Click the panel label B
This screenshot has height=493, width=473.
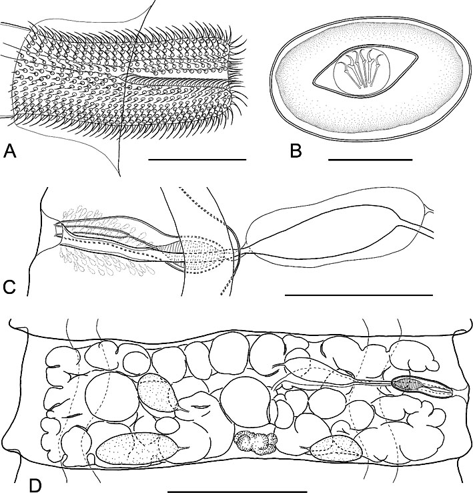pyautogui.click(x=296, y=150)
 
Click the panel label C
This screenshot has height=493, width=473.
pyautogui.click(x=9, y=288)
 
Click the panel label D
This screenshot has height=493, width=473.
pyautogui.click(x=35, y=486)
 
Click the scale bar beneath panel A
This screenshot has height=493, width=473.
pyautogui.click(x=197, y=160)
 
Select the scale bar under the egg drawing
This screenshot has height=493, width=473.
pyautogui.click(x=370, y=160)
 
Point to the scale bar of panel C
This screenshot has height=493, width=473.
pyautogui.click(x=359, y=295)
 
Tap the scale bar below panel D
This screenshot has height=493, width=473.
pyautogui.click(x=237, y=491)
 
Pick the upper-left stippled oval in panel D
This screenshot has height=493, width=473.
pyautogui.click(x=158, y=393)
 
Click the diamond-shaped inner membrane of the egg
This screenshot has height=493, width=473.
pyautogui.click(x=365, y=71)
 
